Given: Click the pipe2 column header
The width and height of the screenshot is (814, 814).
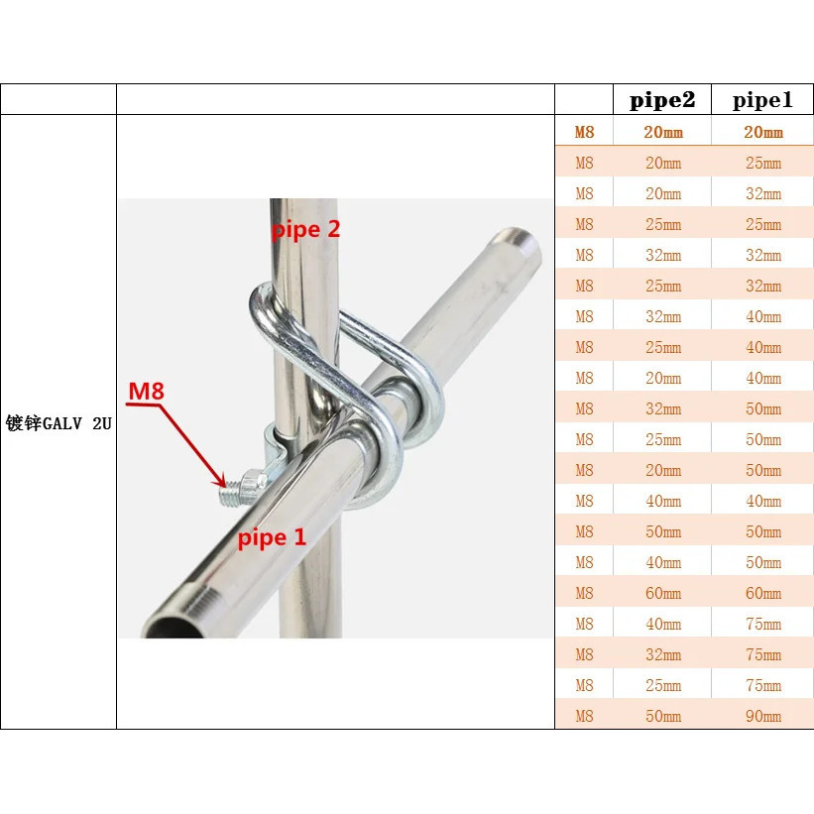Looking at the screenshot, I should click(662, 100).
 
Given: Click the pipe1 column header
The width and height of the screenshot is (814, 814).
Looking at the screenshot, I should click(762, 100).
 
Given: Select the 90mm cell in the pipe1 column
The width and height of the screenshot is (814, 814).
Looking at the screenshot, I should click(762, 716).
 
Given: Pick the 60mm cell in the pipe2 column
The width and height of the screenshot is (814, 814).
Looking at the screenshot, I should click(662, 593).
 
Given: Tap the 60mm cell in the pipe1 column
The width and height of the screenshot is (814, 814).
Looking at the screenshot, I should click(762, 593).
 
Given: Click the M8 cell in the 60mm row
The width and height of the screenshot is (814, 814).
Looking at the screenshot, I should click(584, 593).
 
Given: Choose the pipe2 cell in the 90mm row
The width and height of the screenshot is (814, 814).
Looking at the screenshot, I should click(662, 716).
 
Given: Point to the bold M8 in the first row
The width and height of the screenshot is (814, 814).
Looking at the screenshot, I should click(584, 132).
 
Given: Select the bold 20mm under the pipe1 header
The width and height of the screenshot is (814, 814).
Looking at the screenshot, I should click(762, 132).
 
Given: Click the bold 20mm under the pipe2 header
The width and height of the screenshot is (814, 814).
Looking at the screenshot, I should click(662, 132).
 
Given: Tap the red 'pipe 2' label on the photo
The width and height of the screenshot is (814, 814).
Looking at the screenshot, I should click(306, 230).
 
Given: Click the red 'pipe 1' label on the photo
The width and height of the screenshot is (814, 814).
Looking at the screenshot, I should click(272, 538).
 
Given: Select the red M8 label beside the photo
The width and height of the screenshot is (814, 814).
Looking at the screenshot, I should click(146, 391).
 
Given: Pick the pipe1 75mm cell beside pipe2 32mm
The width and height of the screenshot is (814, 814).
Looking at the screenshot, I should click(762, 654).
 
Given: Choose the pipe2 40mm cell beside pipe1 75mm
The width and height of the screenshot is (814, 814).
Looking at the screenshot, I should click(662, 624).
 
